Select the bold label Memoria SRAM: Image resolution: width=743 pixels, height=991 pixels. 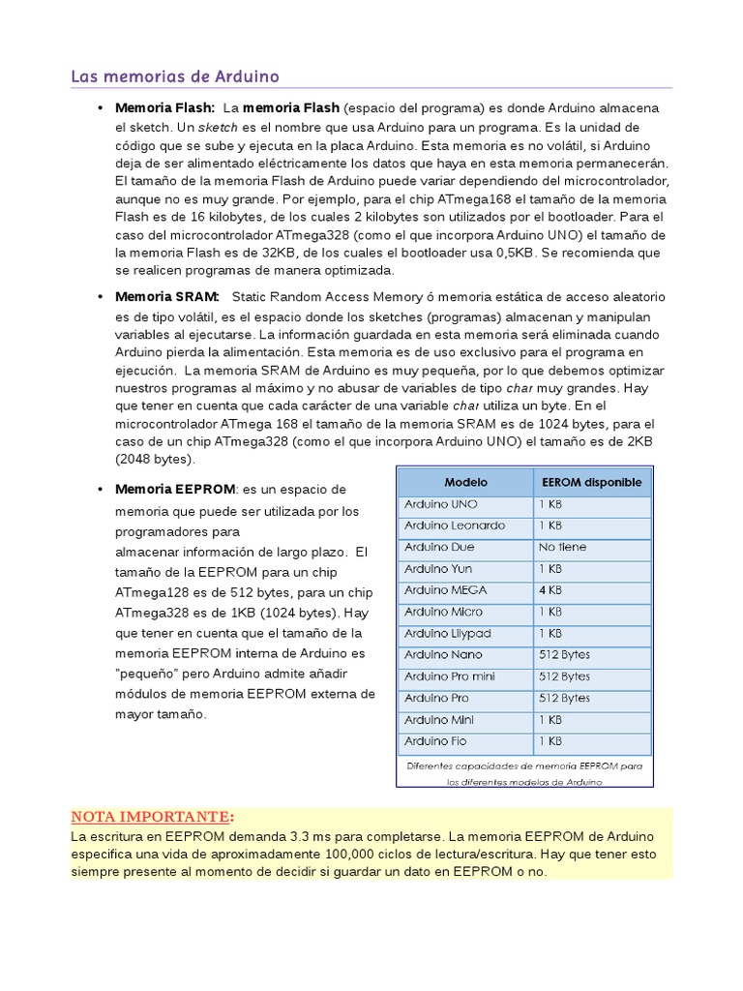(167, 296)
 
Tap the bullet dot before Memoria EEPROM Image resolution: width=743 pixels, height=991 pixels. (100, 489)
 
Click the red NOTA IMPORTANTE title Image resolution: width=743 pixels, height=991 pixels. (152, 815)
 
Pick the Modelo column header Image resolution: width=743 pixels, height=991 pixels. (465, 482)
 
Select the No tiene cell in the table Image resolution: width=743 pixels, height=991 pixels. (564, 548)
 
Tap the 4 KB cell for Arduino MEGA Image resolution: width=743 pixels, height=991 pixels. (550, 590)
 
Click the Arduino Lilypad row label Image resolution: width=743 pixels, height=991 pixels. (448, 633)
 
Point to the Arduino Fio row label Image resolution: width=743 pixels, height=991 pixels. (435, 741)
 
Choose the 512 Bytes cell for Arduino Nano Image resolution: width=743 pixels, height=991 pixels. (564, 655)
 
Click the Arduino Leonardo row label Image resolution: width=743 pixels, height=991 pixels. (455, 526)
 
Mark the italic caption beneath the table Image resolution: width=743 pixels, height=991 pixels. (524, 773)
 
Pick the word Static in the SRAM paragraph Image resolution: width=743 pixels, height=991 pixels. (251, 296)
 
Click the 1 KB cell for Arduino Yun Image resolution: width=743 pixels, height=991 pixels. (550, 569)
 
